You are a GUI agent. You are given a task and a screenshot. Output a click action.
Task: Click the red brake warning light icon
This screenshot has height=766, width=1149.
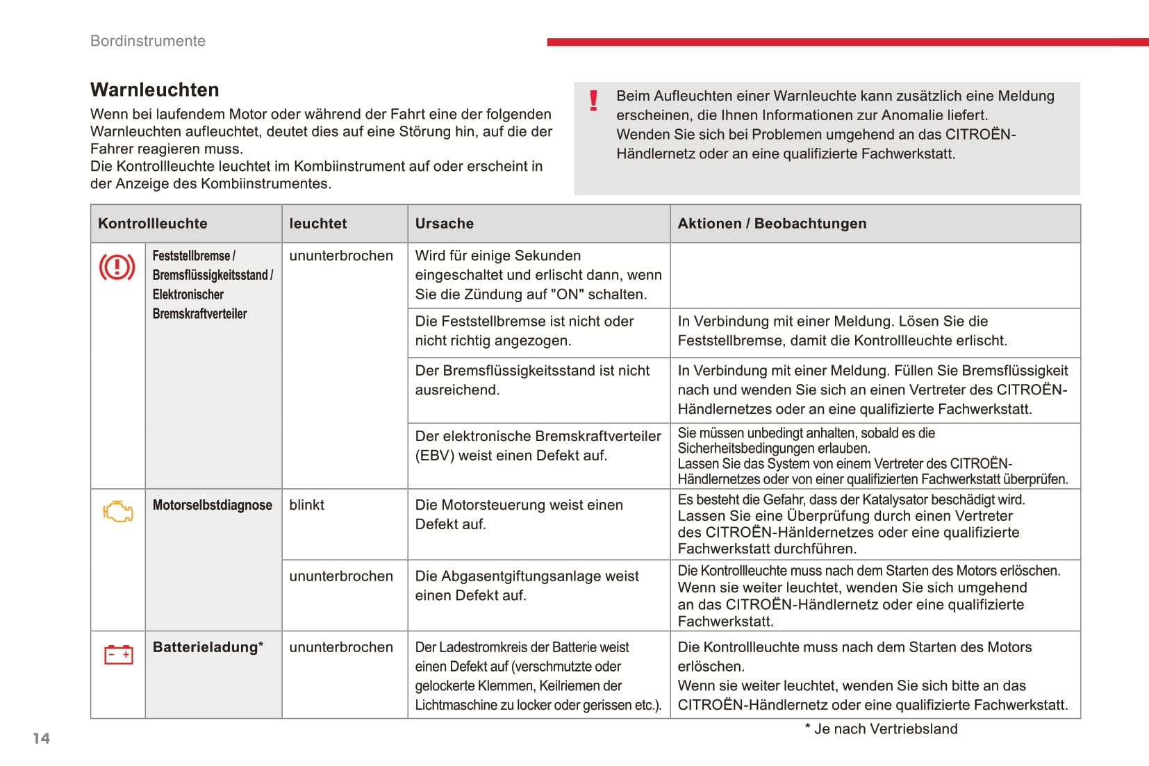tap(117, 267)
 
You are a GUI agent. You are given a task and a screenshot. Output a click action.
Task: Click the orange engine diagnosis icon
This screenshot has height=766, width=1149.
tap(118, 512)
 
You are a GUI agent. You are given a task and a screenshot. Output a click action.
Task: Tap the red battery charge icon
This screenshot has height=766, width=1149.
tap(118, 654)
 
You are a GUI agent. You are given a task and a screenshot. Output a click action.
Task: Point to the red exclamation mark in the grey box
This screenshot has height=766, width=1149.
tap(593, 101)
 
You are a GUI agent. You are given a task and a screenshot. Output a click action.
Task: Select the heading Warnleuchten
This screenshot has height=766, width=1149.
tap(154, 90)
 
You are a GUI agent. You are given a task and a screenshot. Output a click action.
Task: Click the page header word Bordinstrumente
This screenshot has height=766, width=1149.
tap(148, 41)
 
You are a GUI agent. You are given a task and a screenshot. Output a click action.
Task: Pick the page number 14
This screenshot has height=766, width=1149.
tap(42, 738)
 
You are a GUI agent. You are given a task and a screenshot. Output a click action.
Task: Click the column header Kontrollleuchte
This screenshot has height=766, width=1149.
tap(153, 224)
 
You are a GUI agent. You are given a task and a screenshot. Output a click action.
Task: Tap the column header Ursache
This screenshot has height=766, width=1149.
tap(445, 224)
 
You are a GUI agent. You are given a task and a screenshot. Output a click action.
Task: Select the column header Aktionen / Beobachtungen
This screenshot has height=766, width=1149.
tap(772, 224)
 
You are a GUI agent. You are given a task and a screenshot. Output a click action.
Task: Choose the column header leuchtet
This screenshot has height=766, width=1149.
tap(318, 224)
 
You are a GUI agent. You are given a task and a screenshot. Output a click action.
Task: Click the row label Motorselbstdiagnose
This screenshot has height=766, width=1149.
tap(212, 505)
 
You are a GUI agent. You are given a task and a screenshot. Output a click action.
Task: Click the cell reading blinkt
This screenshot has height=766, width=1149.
tap(307, 505)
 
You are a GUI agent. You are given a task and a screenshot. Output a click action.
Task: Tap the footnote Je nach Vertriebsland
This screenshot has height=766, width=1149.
tap(885, 729)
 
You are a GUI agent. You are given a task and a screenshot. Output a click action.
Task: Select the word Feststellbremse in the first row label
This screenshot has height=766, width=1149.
tap(191, 256)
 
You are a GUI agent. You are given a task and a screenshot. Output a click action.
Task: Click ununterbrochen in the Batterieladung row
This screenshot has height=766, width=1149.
tap(341, 647)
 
